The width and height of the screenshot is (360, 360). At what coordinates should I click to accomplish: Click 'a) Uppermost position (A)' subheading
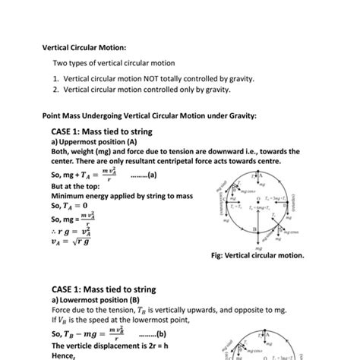pos(93,142)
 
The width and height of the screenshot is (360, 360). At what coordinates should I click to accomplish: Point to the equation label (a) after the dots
pos(152,175)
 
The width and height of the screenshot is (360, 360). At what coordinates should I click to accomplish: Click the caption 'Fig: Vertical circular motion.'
pos(257,256)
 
